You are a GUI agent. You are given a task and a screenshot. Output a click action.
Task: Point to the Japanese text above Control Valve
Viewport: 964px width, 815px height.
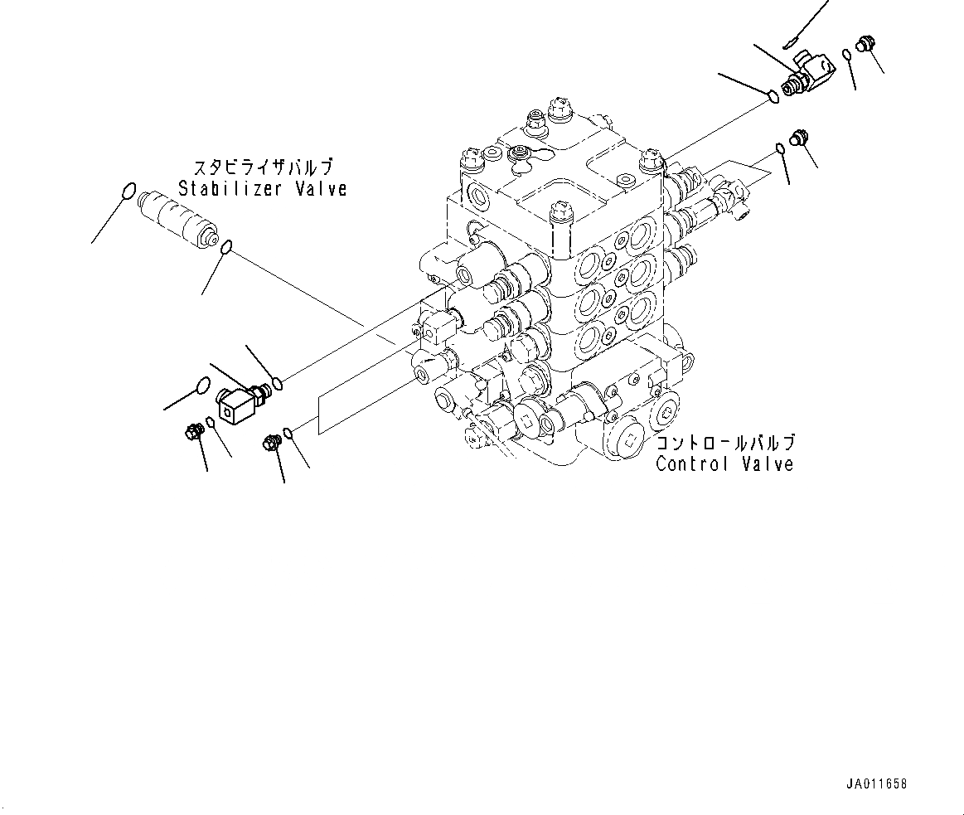724,443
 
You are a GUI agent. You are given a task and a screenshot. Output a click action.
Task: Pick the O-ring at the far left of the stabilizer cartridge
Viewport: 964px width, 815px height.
126,192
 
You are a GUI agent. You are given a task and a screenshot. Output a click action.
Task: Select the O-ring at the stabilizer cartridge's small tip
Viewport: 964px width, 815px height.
226,245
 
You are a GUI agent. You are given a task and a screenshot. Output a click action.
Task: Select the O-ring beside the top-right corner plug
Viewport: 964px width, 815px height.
846,56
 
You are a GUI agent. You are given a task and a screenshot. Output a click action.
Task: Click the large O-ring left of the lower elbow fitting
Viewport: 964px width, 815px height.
200,384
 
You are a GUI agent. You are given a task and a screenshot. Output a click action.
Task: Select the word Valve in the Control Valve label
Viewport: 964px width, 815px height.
763,463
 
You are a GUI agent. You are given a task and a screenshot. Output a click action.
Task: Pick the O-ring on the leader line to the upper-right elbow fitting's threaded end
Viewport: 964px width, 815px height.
773,97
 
